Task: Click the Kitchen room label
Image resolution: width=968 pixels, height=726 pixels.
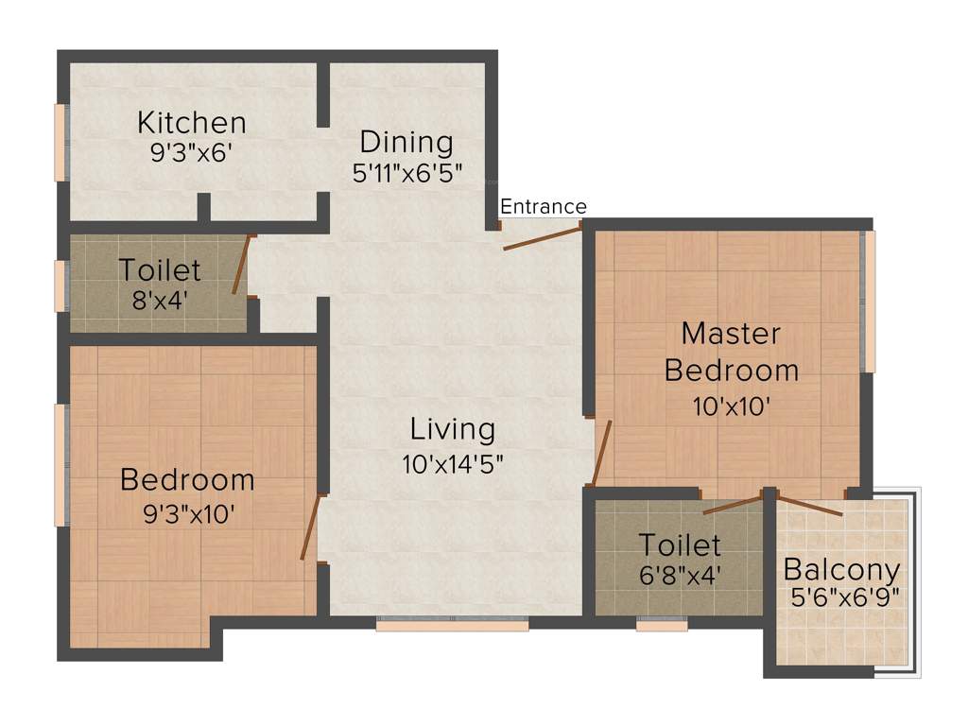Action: (192, 122)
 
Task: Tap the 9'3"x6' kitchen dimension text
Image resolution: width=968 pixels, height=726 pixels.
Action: (192, 153)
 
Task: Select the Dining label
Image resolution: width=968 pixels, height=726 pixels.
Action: (406, 143)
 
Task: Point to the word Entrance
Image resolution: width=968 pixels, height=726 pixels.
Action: (543, 206)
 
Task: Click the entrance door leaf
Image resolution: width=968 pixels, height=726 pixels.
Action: (541, 237)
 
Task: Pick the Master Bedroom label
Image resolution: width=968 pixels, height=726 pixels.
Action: (731, 351)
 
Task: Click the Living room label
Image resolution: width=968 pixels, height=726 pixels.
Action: (452, 429)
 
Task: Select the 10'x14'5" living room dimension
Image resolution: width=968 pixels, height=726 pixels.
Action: (452, 463)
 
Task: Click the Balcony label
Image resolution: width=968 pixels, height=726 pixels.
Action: (841, 570)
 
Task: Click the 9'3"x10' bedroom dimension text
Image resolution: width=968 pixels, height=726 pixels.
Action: (187, 513)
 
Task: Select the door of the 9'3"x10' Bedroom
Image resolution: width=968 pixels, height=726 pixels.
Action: (309, 527)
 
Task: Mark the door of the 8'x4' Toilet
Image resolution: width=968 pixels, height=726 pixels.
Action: (242, 265)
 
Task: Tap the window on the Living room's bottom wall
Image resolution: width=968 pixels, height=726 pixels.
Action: (452, 624)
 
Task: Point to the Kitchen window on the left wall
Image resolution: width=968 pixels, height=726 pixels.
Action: (60, 142)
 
